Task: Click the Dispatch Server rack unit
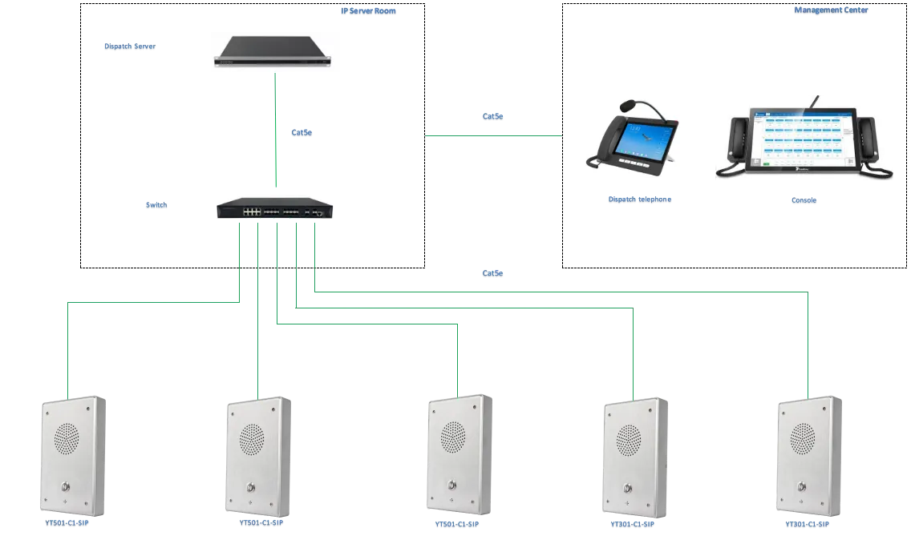[272, 54]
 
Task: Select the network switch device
[276, 208]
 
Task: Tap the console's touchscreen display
[802, 135]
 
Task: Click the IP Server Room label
[368, 12]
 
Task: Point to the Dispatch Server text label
[131, 46]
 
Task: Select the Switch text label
[157, 206]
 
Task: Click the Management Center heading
[830, 12]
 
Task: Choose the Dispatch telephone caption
[638, 199]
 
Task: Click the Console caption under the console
[804, 200]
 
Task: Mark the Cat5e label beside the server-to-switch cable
[301, 134]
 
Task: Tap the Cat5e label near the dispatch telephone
[494, 117]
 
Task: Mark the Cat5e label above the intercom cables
[493, 275]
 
